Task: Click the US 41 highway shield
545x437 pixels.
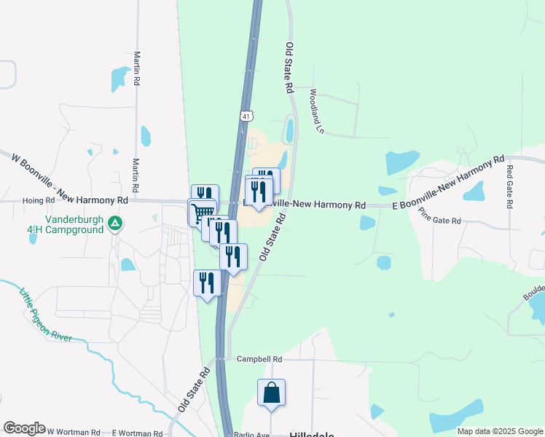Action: coord(247,116)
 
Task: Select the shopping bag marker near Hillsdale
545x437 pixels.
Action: coord(271,393)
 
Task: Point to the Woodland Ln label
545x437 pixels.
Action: coord(315,112)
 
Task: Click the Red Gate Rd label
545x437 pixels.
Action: coord(509,186)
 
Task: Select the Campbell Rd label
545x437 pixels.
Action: coord(259,359)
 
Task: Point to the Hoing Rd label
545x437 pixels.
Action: coord(39,200)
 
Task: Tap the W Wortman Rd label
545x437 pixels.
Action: coord(74,432)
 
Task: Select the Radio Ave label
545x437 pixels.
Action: coord(252,435)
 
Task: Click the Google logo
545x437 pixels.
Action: coord(24,428)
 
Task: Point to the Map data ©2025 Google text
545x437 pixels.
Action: coord(500,431)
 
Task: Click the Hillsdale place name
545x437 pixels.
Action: coord(312,434)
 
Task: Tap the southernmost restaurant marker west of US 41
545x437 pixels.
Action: coord(207,283)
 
